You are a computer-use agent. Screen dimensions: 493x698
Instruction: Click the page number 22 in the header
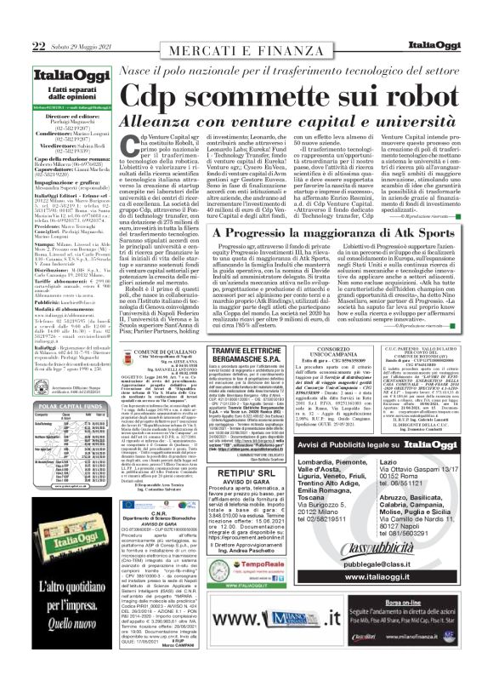pyautogui.click(x=16, y=10)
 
